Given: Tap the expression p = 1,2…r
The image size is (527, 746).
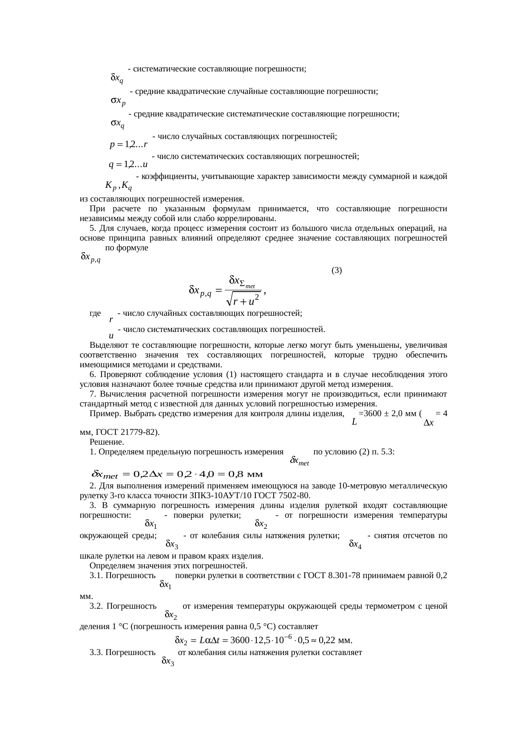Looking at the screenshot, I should (x=128, y=145).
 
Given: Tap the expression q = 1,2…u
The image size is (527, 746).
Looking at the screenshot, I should (x=128, y=164).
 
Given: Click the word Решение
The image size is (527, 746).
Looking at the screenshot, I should (x=104, y=442).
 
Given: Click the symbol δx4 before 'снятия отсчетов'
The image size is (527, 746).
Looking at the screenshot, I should (x=355, y=544).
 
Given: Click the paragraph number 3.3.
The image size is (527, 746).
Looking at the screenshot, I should (x=96, y=652).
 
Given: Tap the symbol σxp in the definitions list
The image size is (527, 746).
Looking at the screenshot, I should (x=118, y=101).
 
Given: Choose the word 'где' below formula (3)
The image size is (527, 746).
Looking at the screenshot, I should (x=95, y=313).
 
